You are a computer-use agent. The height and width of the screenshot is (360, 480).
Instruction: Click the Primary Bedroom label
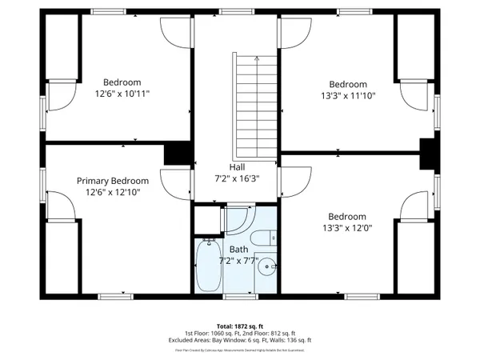113,181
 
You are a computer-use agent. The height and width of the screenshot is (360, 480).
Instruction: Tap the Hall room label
237,166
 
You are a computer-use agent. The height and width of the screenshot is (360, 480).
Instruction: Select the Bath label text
238,250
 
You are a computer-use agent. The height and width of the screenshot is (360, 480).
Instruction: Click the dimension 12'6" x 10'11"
122,94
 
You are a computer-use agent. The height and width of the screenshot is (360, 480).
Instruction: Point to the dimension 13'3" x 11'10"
348,95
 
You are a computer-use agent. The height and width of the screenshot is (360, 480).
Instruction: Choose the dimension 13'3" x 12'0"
346,227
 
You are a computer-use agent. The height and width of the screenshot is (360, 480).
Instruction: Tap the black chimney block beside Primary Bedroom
176,154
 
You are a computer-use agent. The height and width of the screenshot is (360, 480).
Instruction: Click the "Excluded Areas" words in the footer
189,339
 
